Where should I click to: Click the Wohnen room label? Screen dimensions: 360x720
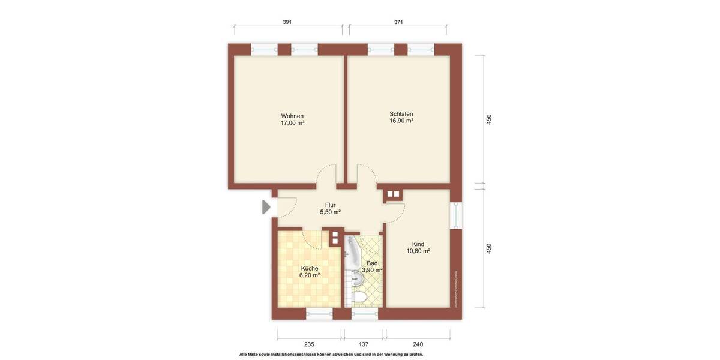pos(292,116)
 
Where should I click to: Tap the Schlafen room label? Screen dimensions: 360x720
pos(401,113)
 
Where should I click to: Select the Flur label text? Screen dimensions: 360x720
pos(330,205)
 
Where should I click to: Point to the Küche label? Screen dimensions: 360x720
pos(310,268)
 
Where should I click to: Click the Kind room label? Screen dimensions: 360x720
pos(418,244)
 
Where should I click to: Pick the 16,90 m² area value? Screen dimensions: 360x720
pos(401,121)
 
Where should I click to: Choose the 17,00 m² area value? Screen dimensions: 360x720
pos(292,123)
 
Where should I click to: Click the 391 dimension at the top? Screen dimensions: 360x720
pos(287,22)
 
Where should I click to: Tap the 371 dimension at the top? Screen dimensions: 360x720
pos(398,22)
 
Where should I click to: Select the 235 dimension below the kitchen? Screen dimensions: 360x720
pos(309,344)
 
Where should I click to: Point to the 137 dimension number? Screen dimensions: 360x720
pos(363,344)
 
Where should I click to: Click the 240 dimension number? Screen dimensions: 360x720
pos(418,344)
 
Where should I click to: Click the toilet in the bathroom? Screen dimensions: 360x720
pos(360,298)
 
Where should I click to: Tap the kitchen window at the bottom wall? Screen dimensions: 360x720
pos(319,314)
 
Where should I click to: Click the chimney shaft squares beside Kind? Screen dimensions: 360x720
pos(393,194)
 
